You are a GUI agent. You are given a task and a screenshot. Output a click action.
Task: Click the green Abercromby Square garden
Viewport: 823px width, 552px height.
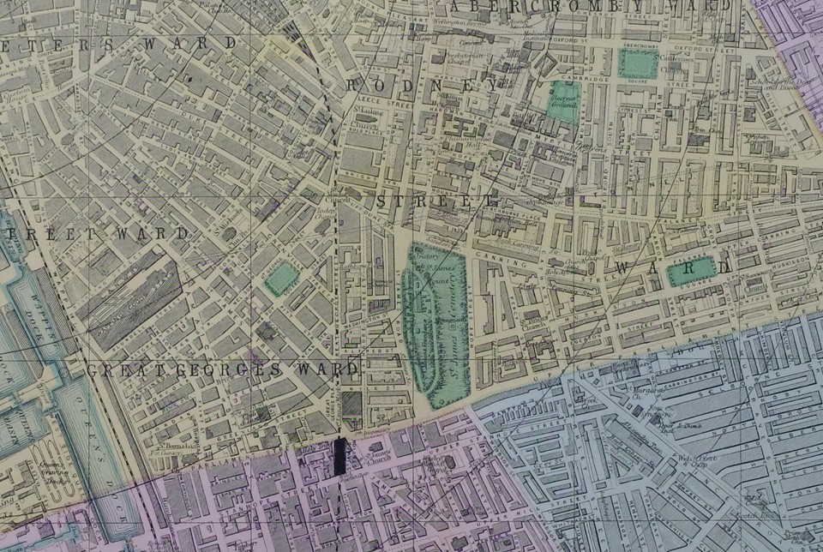pos(636,63)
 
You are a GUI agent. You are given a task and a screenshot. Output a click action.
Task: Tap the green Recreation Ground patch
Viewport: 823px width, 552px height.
pos(563,99)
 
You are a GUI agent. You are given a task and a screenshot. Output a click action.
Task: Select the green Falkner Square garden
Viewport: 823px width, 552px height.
pos(690,271)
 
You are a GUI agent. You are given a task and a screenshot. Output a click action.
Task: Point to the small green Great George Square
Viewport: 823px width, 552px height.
pos(280,278)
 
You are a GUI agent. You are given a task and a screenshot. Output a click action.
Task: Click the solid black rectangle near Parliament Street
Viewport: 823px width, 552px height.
pos(341,457)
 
